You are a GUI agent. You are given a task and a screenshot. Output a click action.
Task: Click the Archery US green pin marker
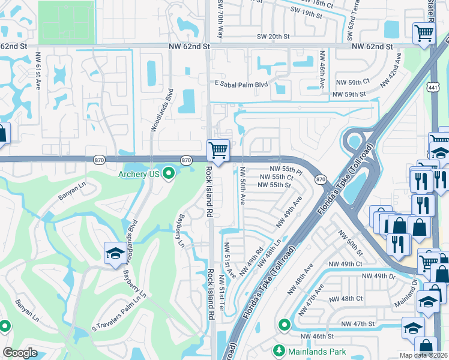(x=169, y=174)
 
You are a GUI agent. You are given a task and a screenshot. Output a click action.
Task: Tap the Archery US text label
(x=139, y=174)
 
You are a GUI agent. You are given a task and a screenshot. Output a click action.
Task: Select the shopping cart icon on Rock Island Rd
(x=218, y=149)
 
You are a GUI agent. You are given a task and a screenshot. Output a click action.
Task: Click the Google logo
(x=20, y=353)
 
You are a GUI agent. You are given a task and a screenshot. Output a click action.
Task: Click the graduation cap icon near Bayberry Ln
(x=115, y=253)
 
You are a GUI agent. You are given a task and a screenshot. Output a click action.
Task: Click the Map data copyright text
(x=424, y=355)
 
